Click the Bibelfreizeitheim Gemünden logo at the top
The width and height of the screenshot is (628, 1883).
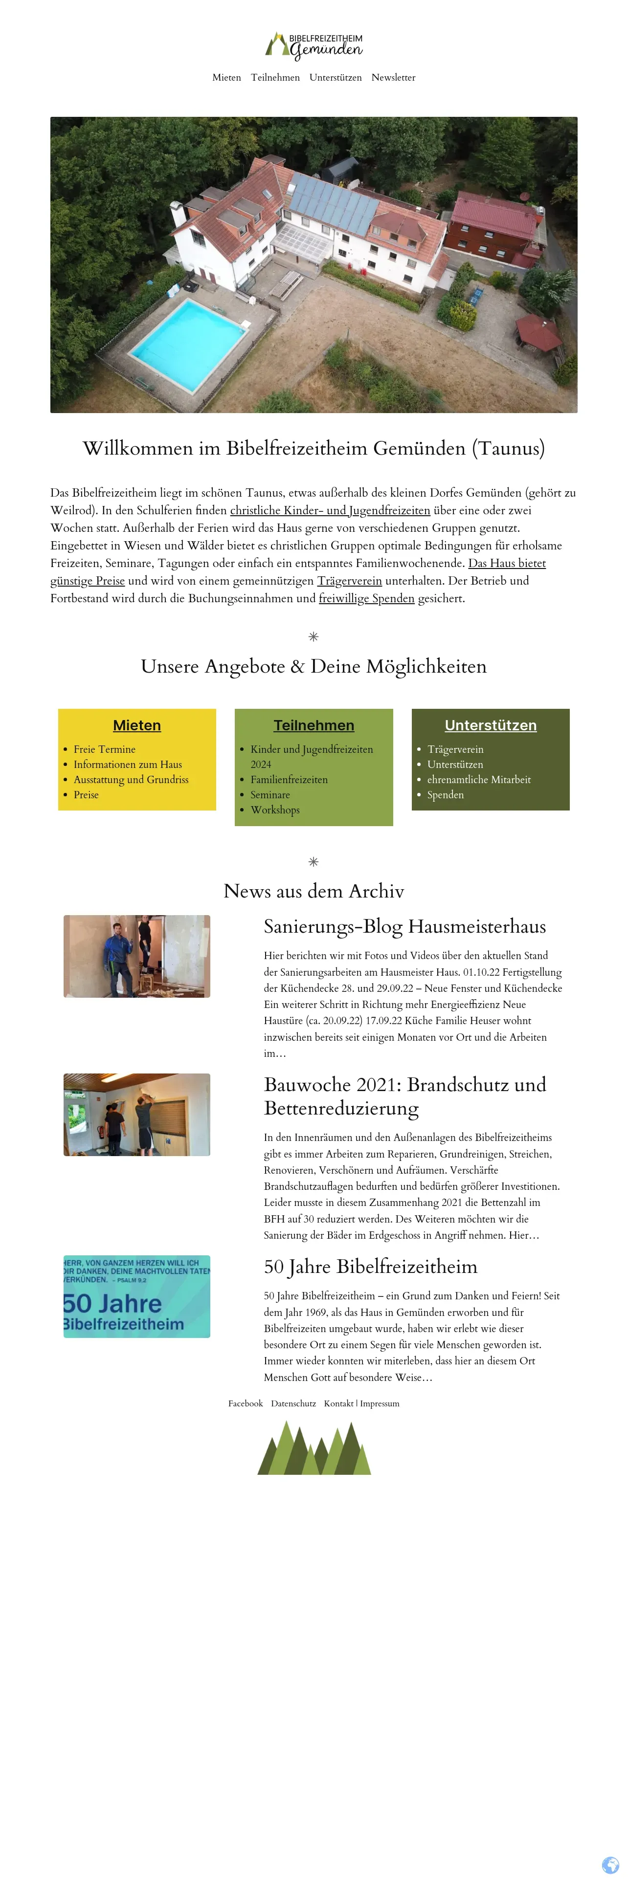tap(314, 45)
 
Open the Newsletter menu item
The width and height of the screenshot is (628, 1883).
tap(393, 78)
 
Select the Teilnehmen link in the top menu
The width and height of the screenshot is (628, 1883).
tap(275, 78)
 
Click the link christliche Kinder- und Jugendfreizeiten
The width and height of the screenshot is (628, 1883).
tap(330, 510)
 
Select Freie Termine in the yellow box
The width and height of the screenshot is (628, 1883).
tap(105, 749)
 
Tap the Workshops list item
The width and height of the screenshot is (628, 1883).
tap(275, 810)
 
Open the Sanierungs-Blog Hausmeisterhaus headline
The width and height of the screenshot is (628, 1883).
tap(404, 926)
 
